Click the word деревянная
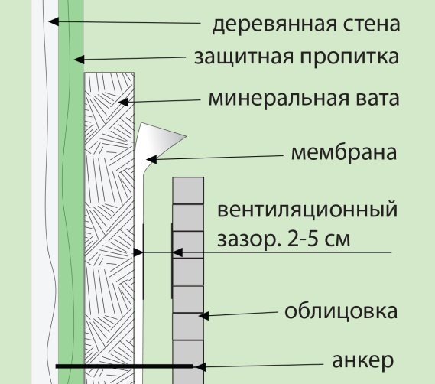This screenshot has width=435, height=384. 274,24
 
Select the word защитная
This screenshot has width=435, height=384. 244,57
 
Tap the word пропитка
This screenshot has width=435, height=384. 349,57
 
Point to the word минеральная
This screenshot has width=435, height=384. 278,99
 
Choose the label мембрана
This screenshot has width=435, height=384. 344,153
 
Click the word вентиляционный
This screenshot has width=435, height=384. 307,210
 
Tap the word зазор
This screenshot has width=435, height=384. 248,240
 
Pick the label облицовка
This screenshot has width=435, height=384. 341,311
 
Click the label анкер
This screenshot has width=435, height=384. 363,360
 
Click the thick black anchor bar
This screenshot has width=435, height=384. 124,366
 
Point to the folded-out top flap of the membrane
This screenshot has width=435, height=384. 160,137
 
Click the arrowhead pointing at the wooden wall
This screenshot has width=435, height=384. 54,21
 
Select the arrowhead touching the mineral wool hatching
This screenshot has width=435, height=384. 123,102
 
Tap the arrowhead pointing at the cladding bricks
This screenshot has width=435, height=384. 203,316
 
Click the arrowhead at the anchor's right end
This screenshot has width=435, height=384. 200,366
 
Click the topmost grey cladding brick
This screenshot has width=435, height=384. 188,190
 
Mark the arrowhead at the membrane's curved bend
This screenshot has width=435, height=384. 151,160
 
